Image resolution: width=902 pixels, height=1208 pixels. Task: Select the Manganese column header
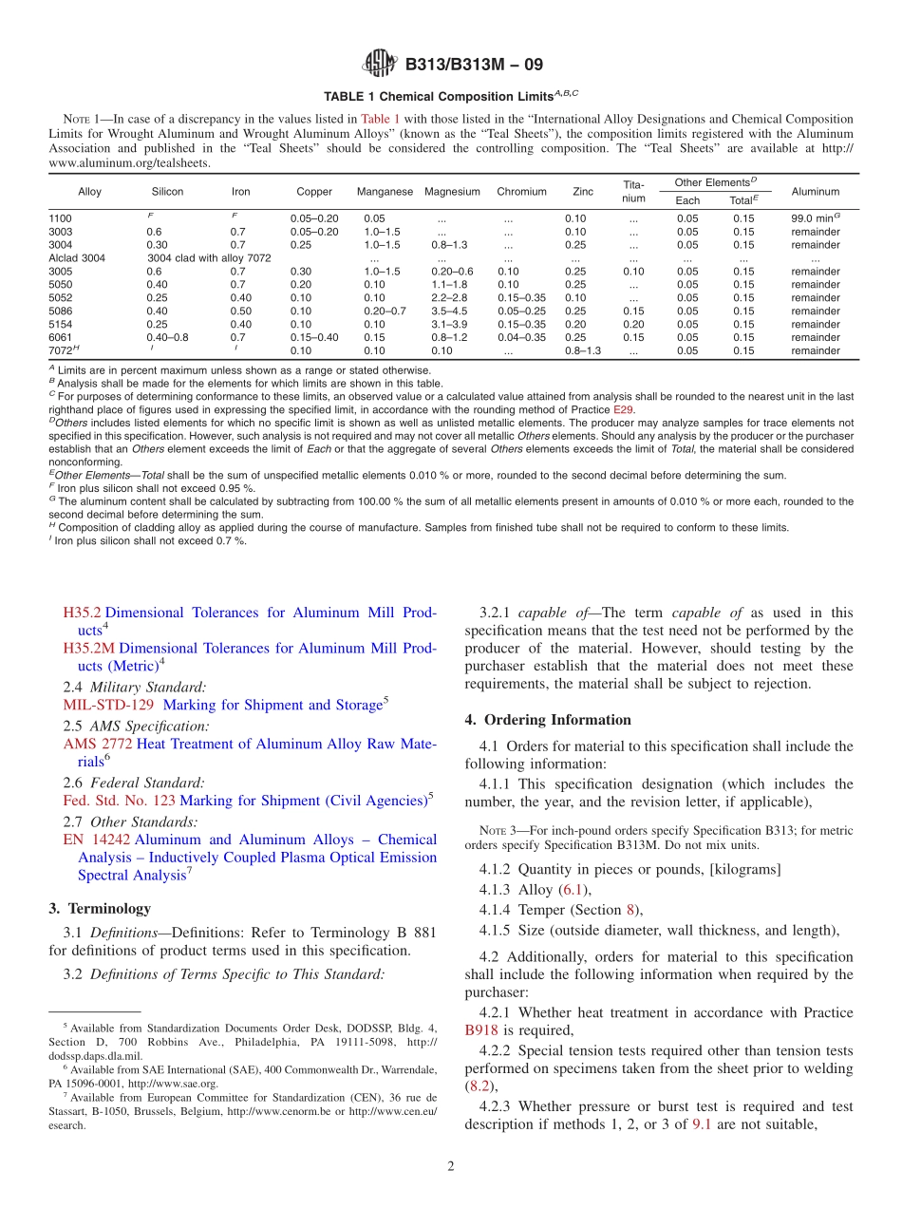click(x=385, y=192)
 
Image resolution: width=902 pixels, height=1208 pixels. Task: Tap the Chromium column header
click(x=521, y=192)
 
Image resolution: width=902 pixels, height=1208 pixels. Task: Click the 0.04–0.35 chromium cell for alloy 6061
click(x=521, y=338)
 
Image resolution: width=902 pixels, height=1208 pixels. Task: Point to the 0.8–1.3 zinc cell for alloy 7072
click(x=583, y=351)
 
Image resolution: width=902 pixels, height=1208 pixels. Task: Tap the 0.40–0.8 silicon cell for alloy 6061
click(x=167, y=338)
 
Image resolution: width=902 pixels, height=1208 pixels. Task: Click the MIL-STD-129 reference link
click(x=107, y=705)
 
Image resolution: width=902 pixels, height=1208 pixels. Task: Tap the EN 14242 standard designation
click(x=94, y=840)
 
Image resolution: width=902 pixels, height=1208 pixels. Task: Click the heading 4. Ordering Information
click(x=548, y=720)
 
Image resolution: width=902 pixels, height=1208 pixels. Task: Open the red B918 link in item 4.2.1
click(x=481, y=1030)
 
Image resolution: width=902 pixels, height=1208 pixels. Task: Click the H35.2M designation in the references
click(x=88, y=649)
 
